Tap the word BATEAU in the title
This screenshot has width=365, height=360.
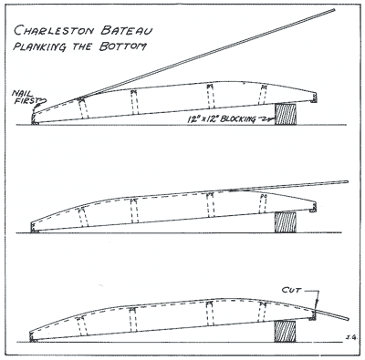tap(126, 30)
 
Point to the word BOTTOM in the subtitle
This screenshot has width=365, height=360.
tap(122, 46)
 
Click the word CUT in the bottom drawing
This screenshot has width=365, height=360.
tap(291, 291)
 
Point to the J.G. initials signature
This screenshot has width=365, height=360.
tap(350, 336)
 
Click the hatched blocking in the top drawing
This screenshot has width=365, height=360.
tap(286, 114)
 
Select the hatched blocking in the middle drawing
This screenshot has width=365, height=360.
tap(286, 222)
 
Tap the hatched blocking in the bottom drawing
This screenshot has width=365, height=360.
tap(285, 331)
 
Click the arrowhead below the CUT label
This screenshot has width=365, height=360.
tap(317, 303)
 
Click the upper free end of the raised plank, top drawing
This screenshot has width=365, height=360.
tap(334, 10)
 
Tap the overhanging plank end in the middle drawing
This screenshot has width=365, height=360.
tap(347, 182)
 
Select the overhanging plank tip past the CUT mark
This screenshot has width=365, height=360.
tap(348, 319)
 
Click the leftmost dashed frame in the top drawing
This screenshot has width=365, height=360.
tap(83, 108)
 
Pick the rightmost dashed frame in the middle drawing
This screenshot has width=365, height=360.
tap(264, 204)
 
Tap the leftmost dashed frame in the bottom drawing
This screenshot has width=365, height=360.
tap(81, 326)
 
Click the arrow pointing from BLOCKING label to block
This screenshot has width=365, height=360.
tap(266, 119)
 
